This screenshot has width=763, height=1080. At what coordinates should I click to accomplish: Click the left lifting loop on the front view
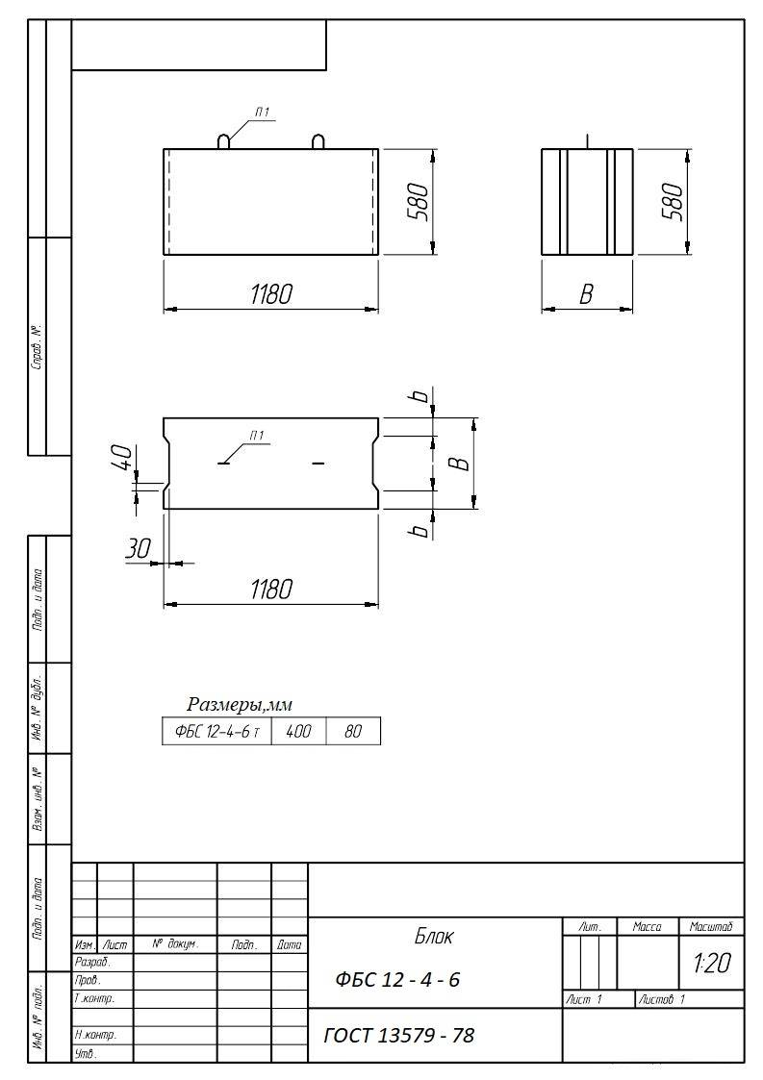coord(225,140)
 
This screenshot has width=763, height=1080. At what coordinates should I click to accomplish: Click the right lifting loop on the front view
coord(318,140)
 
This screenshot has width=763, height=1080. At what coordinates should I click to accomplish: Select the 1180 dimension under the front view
coord(271,294)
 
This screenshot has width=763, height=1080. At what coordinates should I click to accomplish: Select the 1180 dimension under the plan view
coord(271,589)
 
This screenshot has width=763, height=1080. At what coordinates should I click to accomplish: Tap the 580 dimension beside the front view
coord(419,201)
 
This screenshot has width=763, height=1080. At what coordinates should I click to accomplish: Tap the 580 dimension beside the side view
coord(672,201)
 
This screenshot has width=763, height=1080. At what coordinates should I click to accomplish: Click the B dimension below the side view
coord(586,294)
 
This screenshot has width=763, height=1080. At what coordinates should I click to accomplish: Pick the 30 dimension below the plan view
coord(138,548)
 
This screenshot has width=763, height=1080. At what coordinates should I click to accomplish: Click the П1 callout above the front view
coord(262,112)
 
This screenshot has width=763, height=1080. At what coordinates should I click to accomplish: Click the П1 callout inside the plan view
coord(256,436)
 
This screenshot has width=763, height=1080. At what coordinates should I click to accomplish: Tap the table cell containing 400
coord(298,731)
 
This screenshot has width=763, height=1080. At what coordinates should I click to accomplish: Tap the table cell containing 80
coord(353,731)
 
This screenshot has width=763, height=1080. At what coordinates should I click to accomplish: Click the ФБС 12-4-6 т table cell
coord(217,731)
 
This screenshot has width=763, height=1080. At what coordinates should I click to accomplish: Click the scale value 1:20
coord(712,963)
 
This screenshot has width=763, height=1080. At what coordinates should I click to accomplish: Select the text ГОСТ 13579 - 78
coord(399,1036)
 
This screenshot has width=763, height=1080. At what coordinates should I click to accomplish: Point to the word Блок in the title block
coord(434,937)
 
